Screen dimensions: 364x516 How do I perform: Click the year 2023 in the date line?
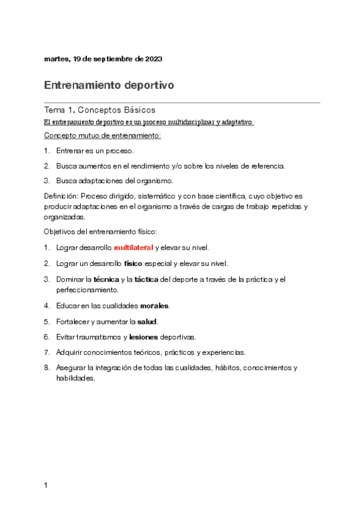[153, 59]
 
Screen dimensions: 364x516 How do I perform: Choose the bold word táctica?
[146, 279]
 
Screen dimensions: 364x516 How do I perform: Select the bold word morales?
[155, 305]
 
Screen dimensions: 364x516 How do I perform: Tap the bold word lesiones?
[144, 336]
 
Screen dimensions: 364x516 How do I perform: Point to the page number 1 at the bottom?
[46, 486]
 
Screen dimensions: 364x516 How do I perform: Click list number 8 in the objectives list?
[47, 368]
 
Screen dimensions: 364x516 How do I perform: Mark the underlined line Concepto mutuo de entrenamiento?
[103, 135]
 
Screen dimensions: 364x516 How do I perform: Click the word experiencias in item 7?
[225, 352]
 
